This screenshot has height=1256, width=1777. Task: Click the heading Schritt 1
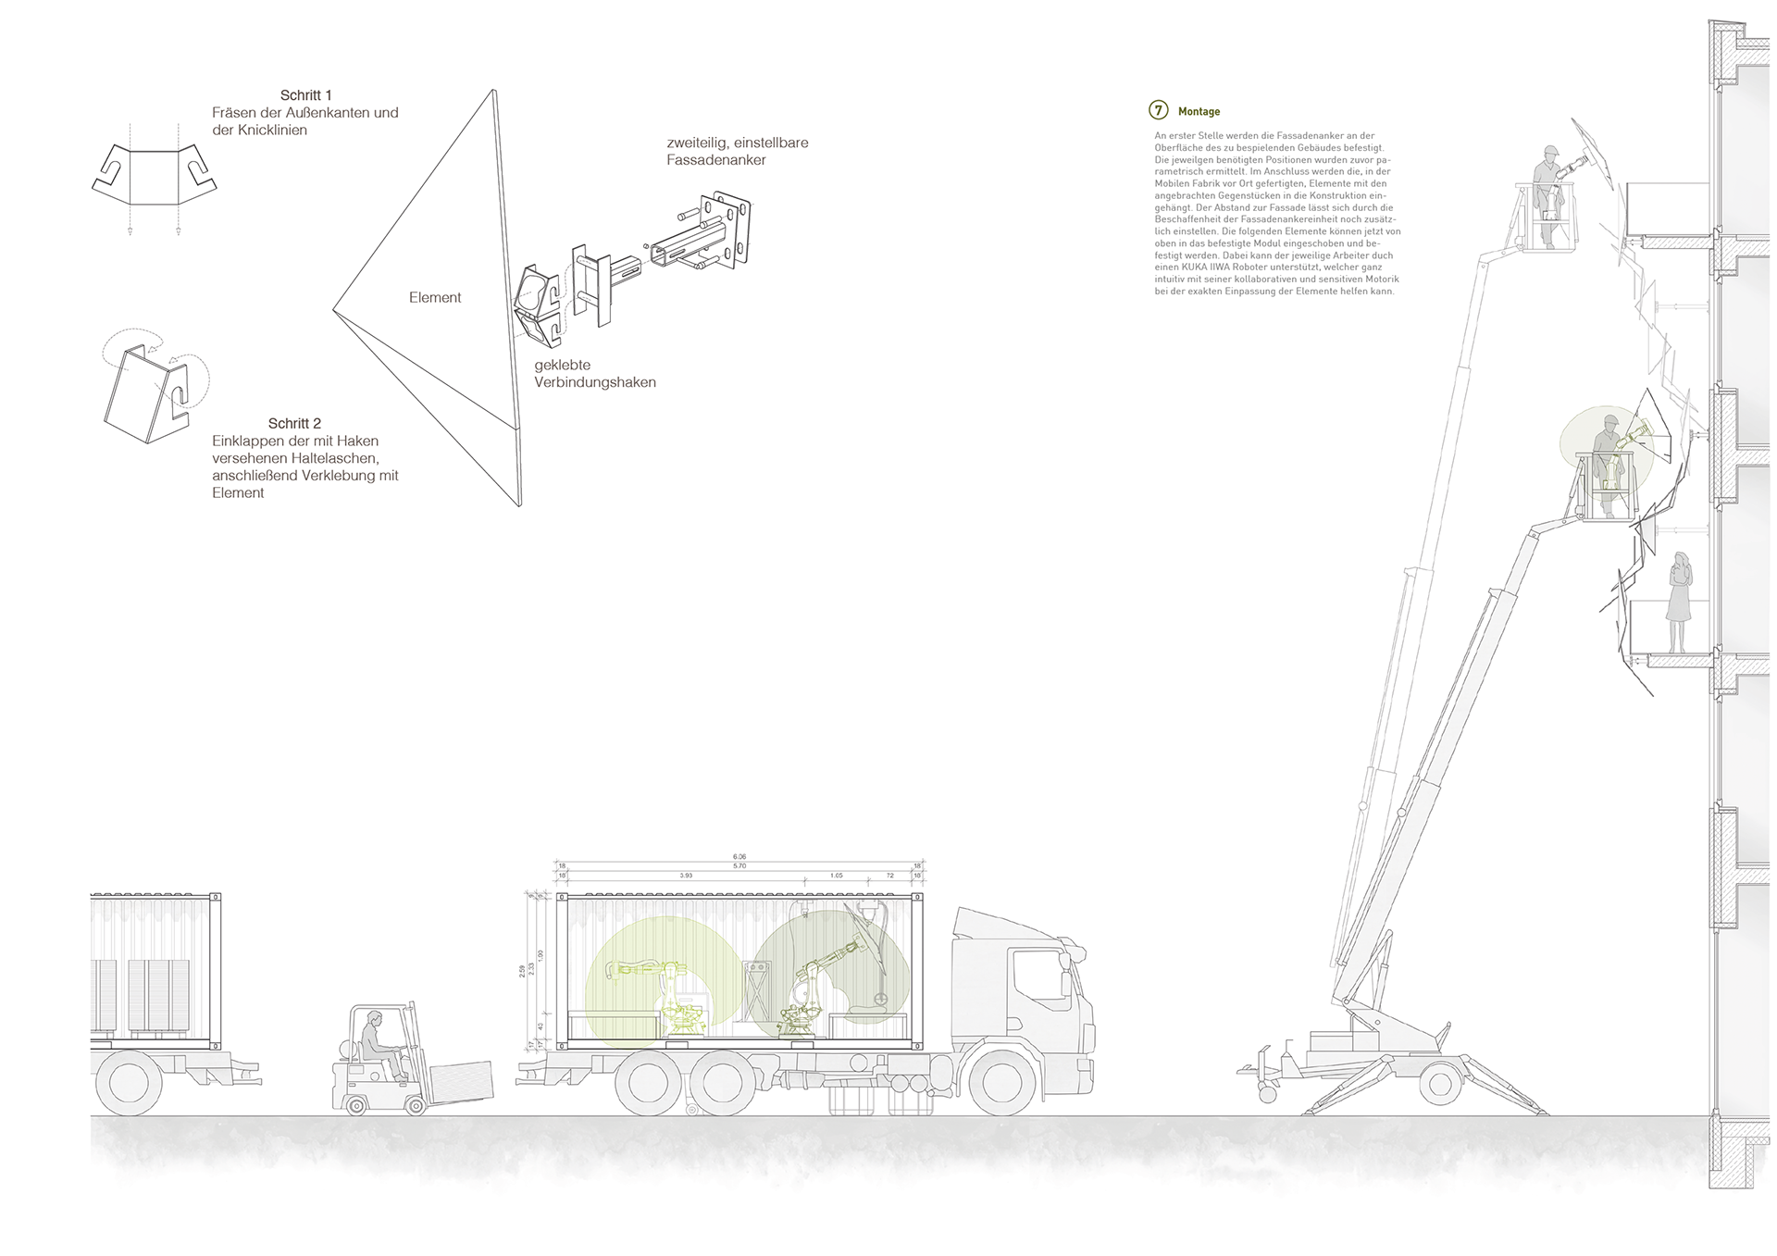(305, 95)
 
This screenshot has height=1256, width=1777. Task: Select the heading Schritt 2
(294, 424)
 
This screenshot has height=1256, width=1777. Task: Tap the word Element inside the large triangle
(435, 297)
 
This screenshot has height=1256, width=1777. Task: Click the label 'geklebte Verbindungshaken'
(594, 374)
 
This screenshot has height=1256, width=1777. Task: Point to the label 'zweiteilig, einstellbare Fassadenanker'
(737, 151)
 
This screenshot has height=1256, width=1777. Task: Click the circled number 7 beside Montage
(1159, 110)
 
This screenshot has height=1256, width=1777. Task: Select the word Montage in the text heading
(1199, 112)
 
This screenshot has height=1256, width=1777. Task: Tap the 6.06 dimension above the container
(739, 857)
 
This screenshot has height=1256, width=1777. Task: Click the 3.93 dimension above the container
(686, 875)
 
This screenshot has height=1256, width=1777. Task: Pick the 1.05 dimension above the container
(836, 875)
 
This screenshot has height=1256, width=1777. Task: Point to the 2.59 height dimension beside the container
(523, 971)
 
